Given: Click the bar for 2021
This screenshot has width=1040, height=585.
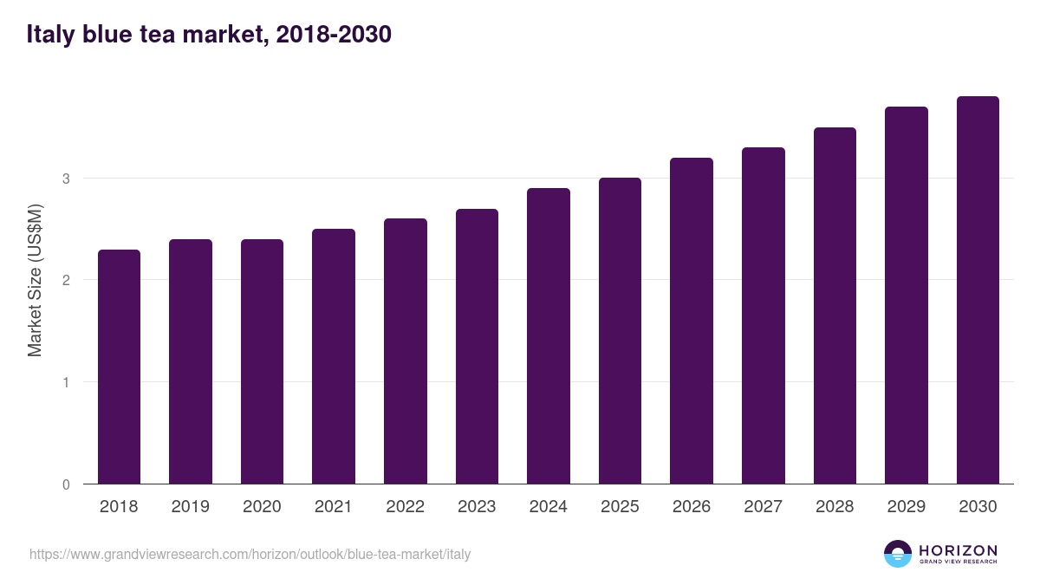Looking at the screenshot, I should (334, 356).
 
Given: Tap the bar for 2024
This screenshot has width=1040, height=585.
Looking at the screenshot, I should (549, 336).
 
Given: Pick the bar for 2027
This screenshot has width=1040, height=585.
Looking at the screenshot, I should (764, 315).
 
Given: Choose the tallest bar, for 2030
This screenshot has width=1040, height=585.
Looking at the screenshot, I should (978, 290).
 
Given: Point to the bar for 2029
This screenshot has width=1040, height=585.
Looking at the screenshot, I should (907, 296).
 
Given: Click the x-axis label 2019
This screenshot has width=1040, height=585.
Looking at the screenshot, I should (191, 507).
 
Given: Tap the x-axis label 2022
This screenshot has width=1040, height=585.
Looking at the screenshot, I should (406, 507).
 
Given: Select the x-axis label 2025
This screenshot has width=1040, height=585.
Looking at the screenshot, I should (620, 507).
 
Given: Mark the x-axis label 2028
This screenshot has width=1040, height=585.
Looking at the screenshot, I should (835, 507).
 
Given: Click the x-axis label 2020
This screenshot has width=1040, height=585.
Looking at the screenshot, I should (262, 507).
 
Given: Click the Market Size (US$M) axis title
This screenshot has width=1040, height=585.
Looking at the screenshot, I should (35, 279).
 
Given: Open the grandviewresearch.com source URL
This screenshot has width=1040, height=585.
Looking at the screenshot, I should (250, 554).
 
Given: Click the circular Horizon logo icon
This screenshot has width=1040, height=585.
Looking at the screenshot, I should (898, 554).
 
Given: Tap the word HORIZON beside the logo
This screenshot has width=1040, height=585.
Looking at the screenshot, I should (958, 549).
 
